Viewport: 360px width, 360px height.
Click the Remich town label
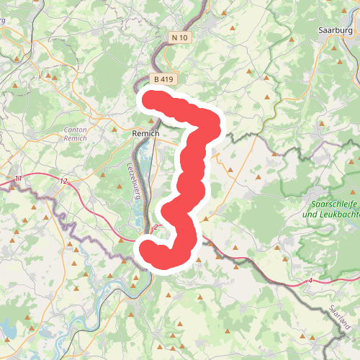pos(145,134)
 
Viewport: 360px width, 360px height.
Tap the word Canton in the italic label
pos(75,130)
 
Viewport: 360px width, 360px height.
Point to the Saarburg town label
pos(333,31)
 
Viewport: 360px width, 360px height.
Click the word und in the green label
pos(310,215)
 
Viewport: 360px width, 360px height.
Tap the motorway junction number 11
pos(19,178)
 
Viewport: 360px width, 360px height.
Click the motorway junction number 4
pos(310,280)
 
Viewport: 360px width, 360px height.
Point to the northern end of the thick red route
pos(150,99)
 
